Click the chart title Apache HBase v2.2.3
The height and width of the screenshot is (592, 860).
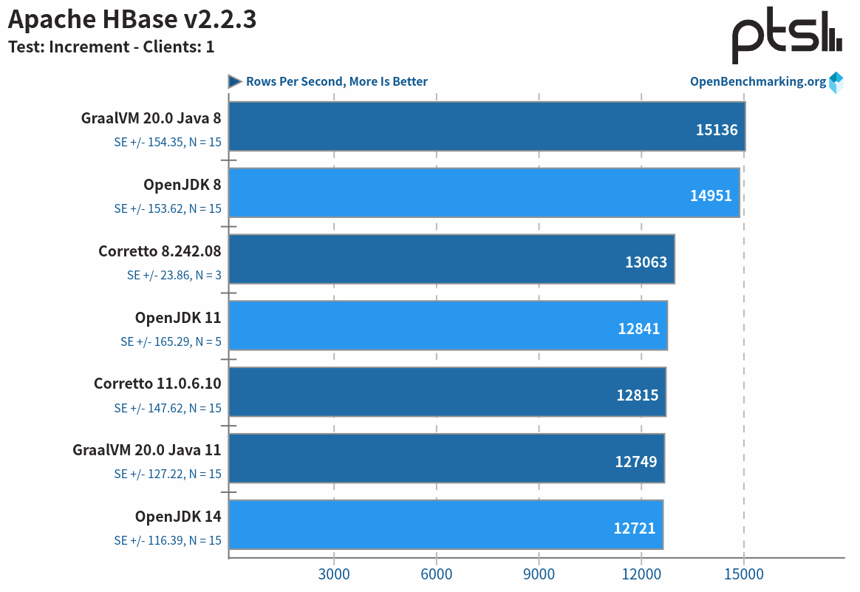(x=132, y=19)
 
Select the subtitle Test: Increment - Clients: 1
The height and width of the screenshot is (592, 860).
(x=111, y=47)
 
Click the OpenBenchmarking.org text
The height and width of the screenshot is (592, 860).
(x=757, y=81)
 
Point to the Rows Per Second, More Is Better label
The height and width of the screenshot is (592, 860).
(x=336, y=81)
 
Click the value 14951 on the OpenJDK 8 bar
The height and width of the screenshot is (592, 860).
(x=711, y=196)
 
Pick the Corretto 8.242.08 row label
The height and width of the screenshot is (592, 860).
(x=160, y=251)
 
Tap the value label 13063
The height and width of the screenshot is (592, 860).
(x=646, y=262)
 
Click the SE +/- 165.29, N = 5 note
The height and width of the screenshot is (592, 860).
(x=171, y=341)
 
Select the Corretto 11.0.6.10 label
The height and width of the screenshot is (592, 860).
(x=157, y=384)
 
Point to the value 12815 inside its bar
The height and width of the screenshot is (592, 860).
(x=637, y=395)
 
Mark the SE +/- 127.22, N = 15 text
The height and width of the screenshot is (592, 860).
(x=168, y=474)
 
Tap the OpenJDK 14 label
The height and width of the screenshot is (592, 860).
(x=178, y=516)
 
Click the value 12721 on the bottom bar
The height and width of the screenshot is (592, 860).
(x=634, y=528)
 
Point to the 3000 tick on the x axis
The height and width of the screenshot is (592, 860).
(x=334, y=574)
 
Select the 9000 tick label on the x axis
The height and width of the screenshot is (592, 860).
(x=539, y=574)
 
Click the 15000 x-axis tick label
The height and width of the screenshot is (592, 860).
(x=743, y=574)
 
